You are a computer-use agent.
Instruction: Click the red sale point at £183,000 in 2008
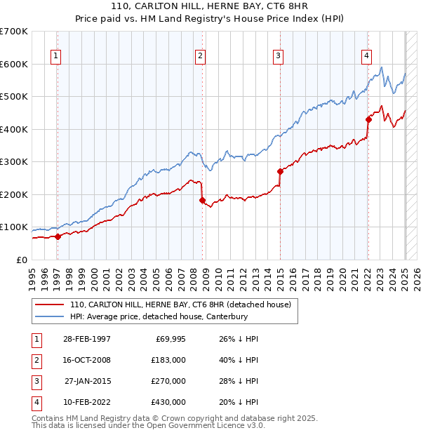tap(202, 200)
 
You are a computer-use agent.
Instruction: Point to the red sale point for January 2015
tap(280, 171)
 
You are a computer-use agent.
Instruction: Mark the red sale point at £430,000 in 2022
tap(368, 119)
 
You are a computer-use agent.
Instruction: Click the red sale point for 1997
tap(58, 236)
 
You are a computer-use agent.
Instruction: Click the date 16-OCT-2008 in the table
tap(87, 360)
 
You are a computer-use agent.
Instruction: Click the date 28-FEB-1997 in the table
tap(87, 339)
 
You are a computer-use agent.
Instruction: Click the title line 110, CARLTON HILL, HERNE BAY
tap(210, 6)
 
